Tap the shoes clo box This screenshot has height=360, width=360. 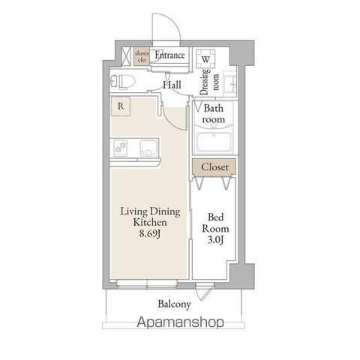141,55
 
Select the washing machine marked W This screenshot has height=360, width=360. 206,59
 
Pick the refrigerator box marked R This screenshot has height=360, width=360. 120,106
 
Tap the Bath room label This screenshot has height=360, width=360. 213,114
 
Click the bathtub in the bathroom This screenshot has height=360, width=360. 213,142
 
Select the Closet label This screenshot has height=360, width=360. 214,166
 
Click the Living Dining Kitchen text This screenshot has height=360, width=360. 149,217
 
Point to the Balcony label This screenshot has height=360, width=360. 174,304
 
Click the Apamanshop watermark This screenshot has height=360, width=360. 180,323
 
